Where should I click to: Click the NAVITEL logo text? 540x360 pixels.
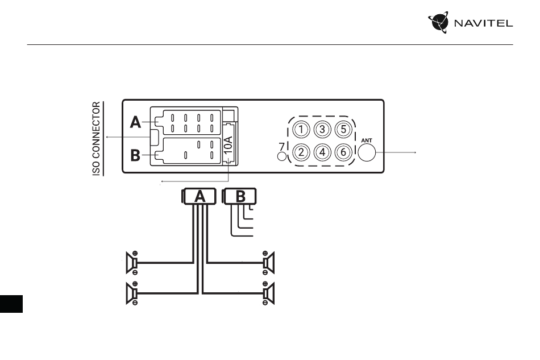point(483,23)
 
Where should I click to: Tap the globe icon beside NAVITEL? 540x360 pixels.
point(439,22)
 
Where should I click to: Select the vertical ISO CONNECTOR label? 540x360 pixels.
point(97,139)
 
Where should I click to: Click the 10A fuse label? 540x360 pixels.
point(229,144)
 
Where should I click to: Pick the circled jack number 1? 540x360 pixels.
point(301,130)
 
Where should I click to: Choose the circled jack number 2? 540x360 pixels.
point(301,152)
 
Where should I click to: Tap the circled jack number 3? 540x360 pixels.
point(322,130)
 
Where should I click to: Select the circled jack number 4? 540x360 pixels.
point(322,152)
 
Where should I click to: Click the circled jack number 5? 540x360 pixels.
point(343,130)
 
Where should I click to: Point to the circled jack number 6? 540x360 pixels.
point(343,152)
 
